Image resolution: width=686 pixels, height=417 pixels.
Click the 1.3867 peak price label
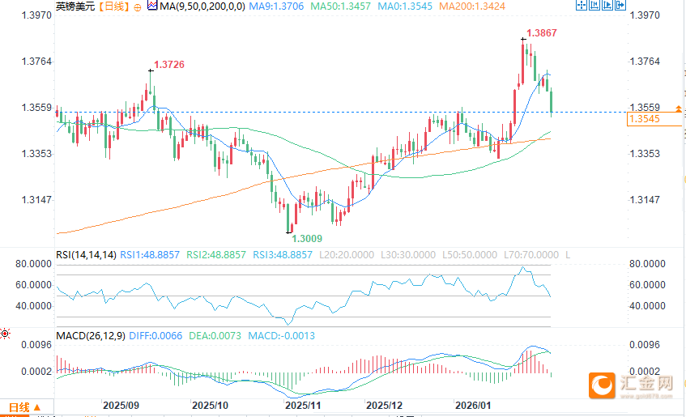541,33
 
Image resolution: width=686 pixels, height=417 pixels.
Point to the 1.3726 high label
168,64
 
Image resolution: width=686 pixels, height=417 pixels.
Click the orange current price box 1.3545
645,119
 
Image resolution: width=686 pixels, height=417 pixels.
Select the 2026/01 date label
473,404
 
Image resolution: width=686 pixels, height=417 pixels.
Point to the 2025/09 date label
121,404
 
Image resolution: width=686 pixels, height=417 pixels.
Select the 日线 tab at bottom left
18,406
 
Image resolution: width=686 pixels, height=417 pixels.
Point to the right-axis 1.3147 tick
645,200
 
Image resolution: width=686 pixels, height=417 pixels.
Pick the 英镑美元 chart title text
69,6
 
